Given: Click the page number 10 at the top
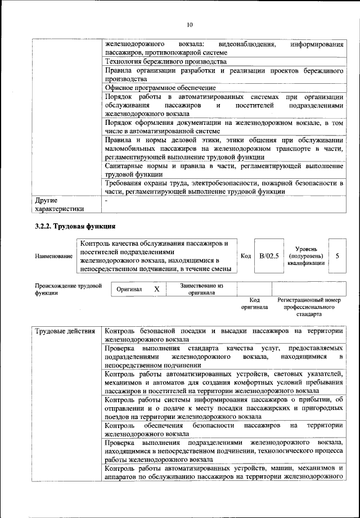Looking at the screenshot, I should click(190, 25).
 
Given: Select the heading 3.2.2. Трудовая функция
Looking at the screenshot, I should click(75, 226).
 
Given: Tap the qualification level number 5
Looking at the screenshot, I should click(337, 256).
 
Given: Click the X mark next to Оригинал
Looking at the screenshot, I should click(157, 289).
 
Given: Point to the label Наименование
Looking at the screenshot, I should click(53, 256).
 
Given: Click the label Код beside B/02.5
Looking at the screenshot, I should click(245, 256).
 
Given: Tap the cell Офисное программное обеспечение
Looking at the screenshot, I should click(160, 88).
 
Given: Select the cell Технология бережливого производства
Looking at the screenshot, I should click(166, 61).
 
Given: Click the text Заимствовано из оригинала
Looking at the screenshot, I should click(201, 289).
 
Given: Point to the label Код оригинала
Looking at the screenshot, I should click(254, 304).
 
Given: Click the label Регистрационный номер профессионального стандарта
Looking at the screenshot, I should click(309, 308).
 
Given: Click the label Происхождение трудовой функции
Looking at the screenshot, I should click(67, 289).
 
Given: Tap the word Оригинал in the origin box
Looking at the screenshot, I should click(129, 289).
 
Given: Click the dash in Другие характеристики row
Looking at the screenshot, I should click(106, 200).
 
